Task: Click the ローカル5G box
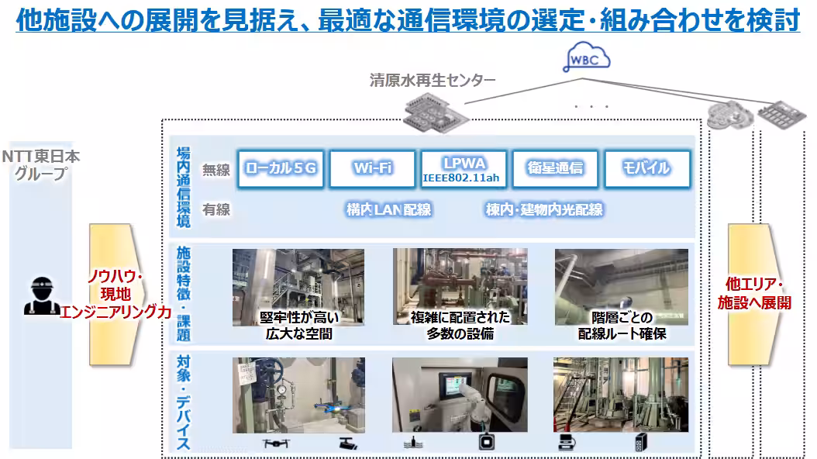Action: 281,168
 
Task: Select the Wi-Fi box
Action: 372,168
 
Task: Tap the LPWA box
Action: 464,168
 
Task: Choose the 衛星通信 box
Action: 555,168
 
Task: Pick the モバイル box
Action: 646,168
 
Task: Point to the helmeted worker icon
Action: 41,295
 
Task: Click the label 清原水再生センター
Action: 433,80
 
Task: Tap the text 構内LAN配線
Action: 388,209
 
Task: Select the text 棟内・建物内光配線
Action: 543,209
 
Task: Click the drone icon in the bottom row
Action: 275,444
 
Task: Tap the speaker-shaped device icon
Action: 640,443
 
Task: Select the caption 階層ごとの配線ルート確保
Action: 622,326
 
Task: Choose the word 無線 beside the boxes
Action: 216,170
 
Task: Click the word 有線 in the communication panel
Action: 216,209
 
